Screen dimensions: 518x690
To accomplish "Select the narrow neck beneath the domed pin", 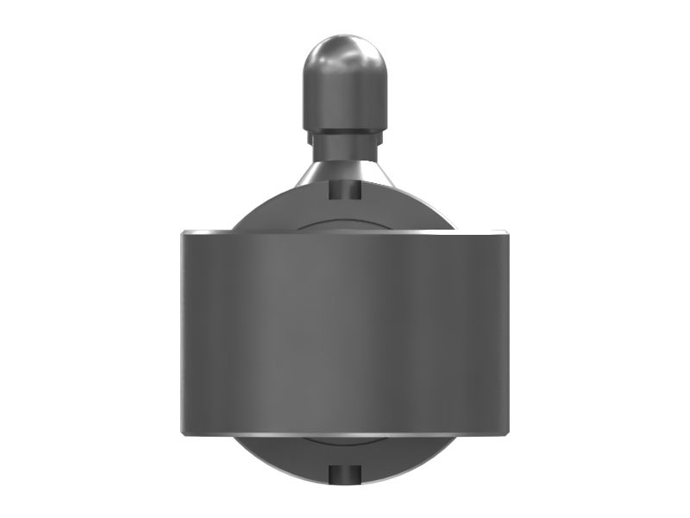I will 342,142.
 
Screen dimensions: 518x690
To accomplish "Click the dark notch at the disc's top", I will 344,190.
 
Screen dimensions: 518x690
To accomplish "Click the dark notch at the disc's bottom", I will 343,473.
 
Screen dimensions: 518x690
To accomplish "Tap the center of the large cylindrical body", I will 343,332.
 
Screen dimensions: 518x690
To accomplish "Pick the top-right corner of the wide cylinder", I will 506,233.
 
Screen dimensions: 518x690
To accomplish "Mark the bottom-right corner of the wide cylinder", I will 506,433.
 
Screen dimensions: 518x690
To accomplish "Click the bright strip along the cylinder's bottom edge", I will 343,432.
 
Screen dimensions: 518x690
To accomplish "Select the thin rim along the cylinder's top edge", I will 343,232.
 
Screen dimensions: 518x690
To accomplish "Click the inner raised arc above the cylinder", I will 343,224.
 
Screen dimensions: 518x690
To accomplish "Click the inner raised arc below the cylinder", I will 343,441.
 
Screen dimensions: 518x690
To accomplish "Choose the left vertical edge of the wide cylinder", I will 182,332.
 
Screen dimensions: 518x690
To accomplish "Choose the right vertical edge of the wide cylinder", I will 505,332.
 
